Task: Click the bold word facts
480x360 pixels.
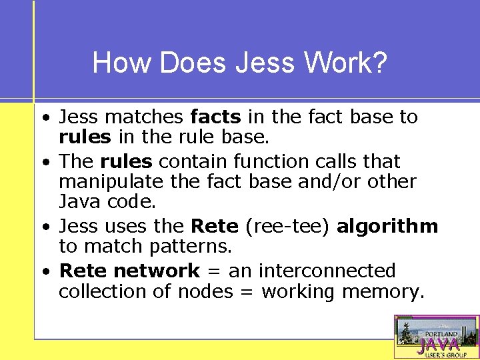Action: tap(215, 117)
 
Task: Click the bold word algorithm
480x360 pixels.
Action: tap(387, 226)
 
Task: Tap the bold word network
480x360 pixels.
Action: tap(157, 271)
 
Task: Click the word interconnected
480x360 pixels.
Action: tap(327, 271)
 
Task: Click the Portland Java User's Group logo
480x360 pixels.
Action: tap(436, 337)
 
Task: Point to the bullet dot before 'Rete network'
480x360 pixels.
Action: tap(44, 272)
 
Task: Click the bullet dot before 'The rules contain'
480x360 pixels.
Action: tap(44, 163)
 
